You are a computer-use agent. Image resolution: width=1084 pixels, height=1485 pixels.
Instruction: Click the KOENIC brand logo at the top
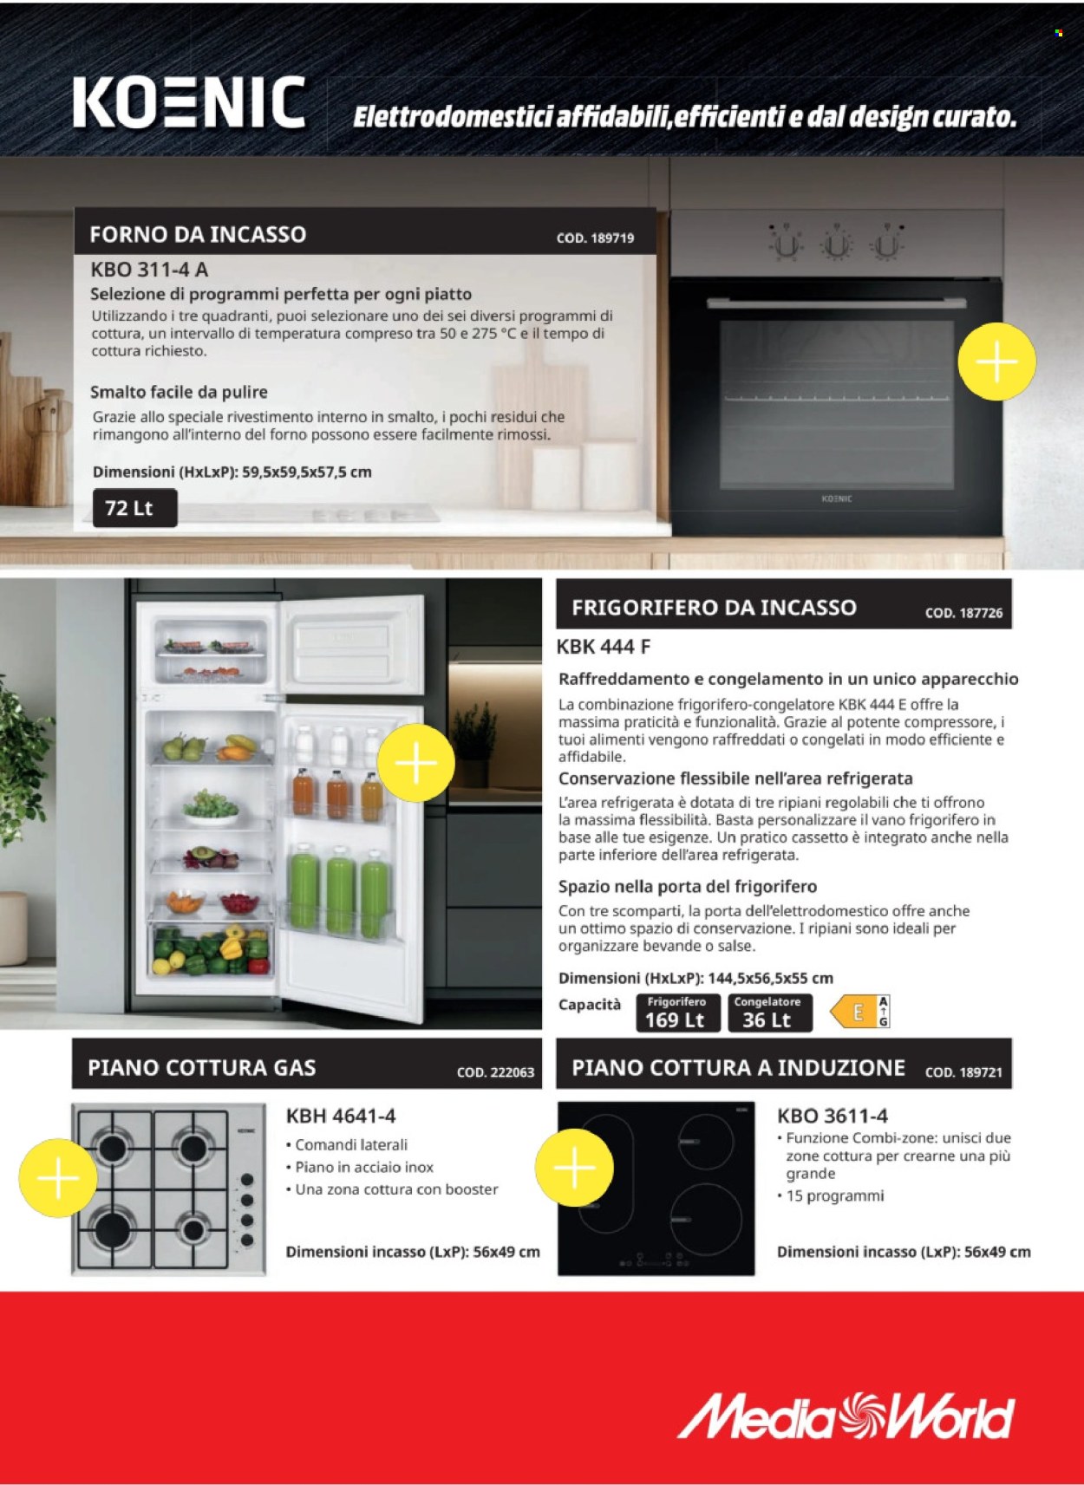pyautogui.click(x=189, y=103)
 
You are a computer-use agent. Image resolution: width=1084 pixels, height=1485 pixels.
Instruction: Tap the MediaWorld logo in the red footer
pyautogui.click(x=846, y=1416)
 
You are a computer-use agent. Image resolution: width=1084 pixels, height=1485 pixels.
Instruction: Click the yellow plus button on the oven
pyautogui.click(x=996, y=361)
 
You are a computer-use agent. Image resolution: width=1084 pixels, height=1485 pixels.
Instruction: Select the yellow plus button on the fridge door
pyautogui.click(x=416, y=762)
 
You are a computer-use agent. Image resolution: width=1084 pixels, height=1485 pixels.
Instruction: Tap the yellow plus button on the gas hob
pyautogui.click(x=57, y=1177)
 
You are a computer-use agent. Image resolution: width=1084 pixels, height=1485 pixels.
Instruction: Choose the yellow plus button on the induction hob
pyautogui.click(x=574, y=1167)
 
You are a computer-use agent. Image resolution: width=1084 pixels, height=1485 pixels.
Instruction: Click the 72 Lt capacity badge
pyautogui.click(x=134, y=508)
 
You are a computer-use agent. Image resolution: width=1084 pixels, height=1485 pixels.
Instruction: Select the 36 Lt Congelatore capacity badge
pyautogui.click(x=768, y=1013)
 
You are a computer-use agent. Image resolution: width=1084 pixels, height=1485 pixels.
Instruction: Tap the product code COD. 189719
pyautogui.click(x=595, y=238)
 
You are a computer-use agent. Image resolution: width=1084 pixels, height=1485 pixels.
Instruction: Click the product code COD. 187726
pyautogui.click(x=963, y=613)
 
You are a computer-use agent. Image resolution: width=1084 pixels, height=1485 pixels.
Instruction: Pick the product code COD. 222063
pyautogui.click(x=495, y=1072)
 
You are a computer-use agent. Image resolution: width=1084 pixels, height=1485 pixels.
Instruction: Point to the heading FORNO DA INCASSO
pyautogui.click(x=198, y=234)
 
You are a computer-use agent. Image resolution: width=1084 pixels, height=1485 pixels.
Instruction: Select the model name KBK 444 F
pyautogui.click(x=604, y=647)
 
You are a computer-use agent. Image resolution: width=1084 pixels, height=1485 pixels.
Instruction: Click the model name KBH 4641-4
pyautogui.click(x=341, y=1116)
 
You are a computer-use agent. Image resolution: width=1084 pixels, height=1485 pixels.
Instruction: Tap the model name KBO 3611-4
pyautogui.click(x=833, y=1116)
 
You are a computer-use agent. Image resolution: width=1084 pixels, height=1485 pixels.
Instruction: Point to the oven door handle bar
pyautogui.click(x=836, y=303)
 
